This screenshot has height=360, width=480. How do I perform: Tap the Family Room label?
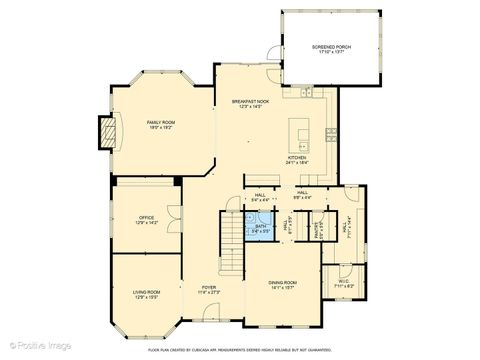click(x=161, y=121)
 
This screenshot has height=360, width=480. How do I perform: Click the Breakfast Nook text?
click(x=250, y=101)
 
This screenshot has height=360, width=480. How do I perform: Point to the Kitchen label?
click(x=298, y=158)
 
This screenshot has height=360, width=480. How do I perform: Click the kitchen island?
click(x=301, y=134)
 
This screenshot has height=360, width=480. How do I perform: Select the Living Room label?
click(x=146, y=292)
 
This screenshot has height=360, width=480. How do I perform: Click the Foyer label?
click(x=207, y=287)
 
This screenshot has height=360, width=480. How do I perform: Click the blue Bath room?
click(x=260, y=227)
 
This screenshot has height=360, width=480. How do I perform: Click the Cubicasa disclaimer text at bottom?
click(x=239, y=350)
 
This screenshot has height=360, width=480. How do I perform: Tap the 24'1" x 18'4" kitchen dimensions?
click(x=298, y=163)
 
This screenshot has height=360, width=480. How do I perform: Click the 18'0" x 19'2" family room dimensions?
click(x=161, y=127)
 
